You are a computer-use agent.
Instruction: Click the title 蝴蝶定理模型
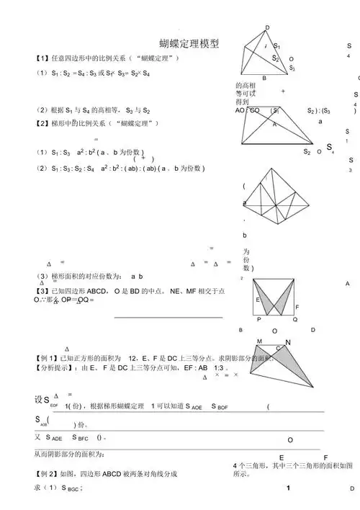[189, 44]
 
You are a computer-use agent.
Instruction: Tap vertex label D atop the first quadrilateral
[268, 27]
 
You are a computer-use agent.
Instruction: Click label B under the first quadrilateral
[264, 78]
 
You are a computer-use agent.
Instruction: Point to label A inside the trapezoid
[274, 124]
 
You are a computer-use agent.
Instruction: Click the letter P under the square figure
[259, 318]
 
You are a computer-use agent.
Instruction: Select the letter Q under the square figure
[294, 318]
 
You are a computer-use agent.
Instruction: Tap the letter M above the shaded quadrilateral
[260, 341]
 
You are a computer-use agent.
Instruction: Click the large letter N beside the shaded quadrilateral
[288, 343]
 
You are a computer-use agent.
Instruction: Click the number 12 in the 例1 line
[132, 358]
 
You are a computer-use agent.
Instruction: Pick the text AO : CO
[249, 111]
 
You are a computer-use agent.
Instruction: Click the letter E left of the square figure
[257, 300]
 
